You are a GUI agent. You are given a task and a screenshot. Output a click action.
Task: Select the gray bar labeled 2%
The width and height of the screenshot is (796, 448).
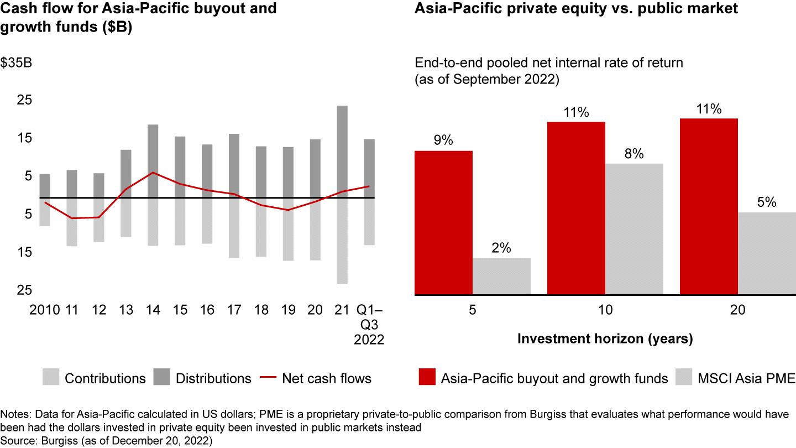click(x=501, y=276)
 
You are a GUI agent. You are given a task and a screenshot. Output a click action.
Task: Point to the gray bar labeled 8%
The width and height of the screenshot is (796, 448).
click(x=634, y=229)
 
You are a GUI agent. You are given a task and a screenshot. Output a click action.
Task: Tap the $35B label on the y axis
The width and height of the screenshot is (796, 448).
click(x=16, y=63)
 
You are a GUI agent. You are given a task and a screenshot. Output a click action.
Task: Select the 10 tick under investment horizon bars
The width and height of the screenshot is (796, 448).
click(x=605, y=310)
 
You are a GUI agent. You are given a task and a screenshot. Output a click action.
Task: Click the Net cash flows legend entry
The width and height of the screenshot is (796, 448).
click(x=326, y=378)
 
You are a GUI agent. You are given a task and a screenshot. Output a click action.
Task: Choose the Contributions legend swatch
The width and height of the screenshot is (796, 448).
click(x=50, y=378)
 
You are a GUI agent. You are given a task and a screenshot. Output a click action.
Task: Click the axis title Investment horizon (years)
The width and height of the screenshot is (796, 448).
click(x=605, y=338)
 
